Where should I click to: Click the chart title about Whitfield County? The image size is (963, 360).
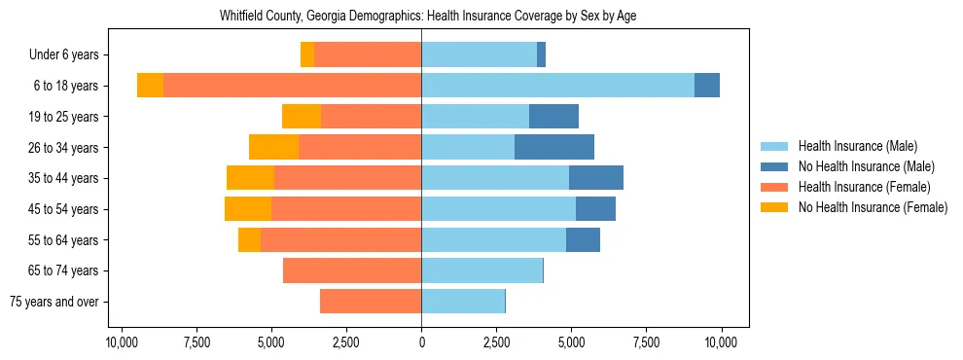(x=421, y=17)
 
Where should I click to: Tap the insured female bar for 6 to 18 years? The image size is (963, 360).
(x=292, y=86)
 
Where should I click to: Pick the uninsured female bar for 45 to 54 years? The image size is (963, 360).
(x=247, y=209)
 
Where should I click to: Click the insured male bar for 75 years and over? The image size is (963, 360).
(x=463, y=302)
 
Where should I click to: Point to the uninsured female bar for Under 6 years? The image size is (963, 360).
(x=307, y=54)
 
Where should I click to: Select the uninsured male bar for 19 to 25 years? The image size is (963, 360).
(x=553, y=117)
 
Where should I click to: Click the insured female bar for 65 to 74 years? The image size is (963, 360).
(x=352, y=270)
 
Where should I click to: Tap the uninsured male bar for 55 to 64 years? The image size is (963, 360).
(x=583, y=239)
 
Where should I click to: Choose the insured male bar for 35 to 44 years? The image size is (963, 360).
(x=495, y=178)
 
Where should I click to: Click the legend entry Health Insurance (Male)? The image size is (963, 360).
(x=857, y=146)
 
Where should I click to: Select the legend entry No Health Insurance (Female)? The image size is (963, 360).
(x=873, y=207)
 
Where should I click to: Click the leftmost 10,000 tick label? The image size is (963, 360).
(x=121, y=342)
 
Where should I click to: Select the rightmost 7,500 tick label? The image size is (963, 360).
(x=646, y=342)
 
